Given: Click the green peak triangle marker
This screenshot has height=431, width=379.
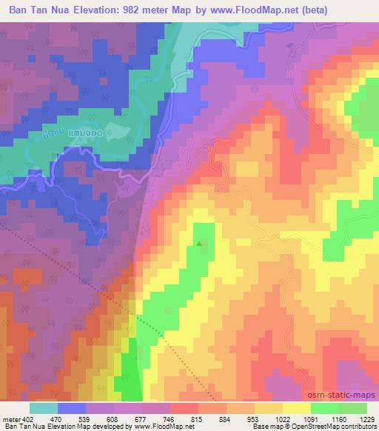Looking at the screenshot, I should click(198, 241).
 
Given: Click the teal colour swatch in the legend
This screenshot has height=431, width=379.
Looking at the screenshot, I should click(43, 408).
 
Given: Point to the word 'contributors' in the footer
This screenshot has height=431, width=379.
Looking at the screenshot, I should click(361, 427).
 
